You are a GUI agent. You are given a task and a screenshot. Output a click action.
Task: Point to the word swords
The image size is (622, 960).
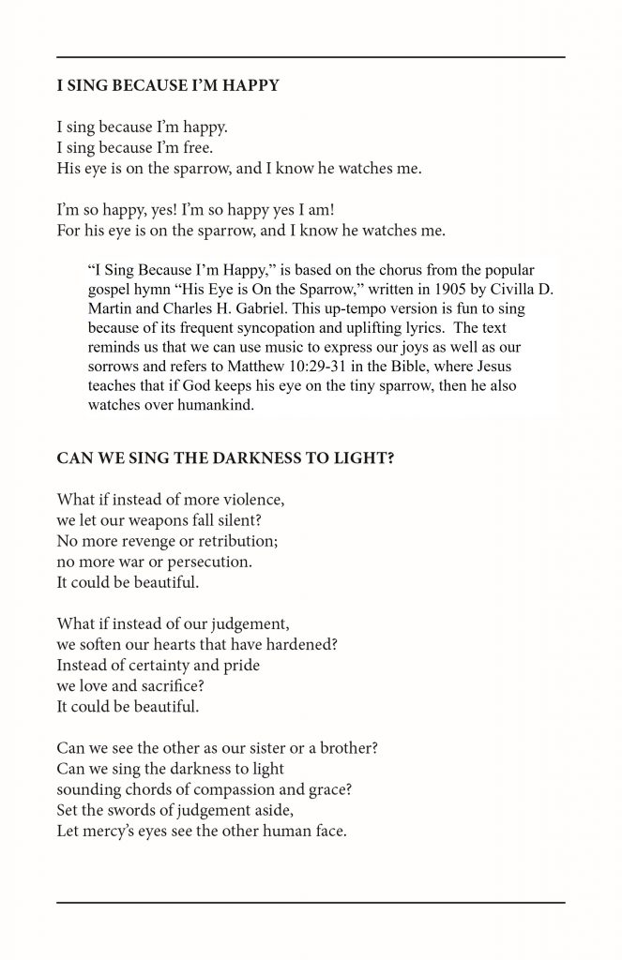138,810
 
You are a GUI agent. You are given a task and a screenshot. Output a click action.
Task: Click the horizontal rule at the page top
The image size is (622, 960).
311,58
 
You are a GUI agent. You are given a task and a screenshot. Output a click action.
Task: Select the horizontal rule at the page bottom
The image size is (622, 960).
311,902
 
